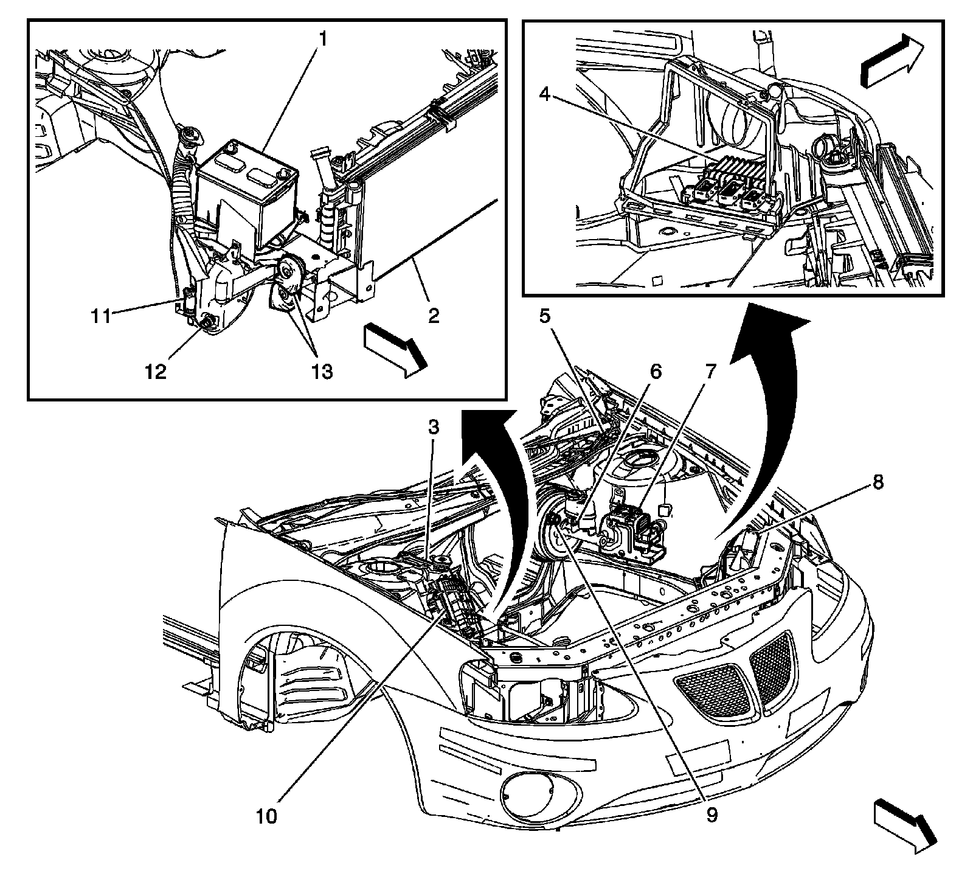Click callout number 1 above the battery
[324, 40]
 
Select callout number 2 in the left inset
[433, 316]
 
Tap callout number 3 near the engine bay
[433, 428]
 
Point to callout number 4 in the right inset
[545, 95]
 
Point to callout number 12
[156, 371]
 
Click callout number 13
[323, 371]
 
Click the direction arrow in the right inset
[892, 61]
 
